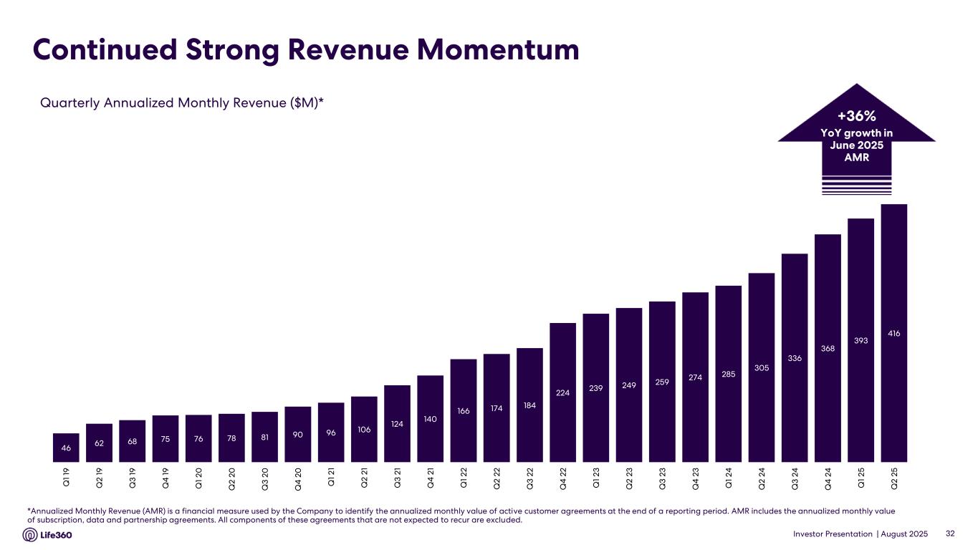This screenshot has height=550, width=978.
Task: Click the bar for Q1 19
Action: pyautogui.click(x=66, y=448)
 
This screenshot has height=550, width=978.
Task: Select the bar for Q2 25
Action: pyautogui.click(x=894, y=333)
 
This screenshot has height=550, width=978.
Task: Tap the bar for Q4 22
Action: pyautogui.click(x=562, y=392)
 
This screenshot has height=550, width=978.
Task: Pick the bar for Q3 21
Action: pyautogui.click(x=397, y=423)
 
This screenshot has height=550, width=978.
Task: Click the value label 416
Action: pyautogui.click(x=894, y=333)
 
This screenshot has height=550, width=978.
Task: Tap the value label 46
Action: pyautogui.click(x=66, y=448)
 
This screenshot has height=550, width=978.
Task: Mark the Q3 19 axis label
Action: pyautogui.click(x=132, y=476)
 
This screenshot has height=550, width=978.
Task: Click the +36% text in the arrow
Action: pyautogui.click(x=856, y=117)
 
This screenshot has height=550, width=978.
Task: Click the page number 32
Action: pyautogui.click(x=951, y=534)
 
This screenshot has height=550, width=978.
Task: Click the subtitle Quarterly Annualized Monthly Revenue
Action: pyautogui.click(x=181, y=102)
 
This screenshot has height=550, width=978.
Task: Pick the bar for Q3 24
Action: pyautogui.click(x=795, y=357)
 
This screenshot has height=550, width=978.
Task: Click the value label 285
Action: pyautogui.click(x=728, y=373)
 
